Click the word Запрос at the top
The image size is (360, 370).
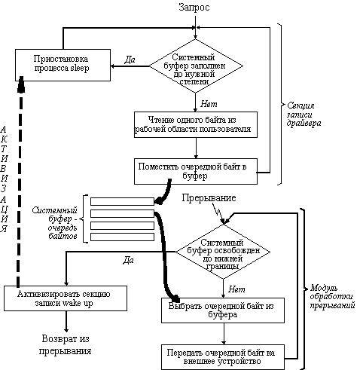pos(194,8)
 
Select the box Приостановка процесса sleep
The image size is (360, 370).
pos(63,65)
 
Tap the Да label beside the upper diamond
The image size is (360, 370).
pos(130,60)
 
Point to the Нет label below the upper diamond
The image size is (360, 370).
pos(209,104)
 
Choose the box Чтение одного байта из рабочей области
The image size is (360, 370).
pos(196,124)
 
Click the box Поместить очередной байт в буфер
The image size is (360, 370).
pos(196,171)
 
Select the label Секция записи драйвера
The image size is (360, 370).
pos(304,115)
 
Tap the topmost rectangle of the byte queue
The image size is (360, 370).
pos(122,201)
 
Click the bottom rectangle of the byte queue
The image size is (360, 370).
pos(122,237)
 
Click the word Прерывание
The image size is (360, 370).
pos(209,198)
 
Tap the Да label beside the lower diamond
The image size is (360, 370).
pos(128,260)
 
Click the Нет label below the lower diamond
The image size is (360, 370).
pos(236,289)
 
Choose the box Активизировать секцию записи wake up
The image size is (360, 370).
pos(66,298)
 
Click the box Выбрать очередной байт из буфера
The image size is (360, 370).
pos(223,310)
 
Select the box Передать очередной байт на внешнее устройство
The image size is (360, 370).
pos(223,357)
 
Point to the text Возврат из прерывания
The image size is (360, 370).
pos(66,344)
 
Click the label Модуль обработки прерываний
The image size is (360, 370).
pos(332,296)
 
